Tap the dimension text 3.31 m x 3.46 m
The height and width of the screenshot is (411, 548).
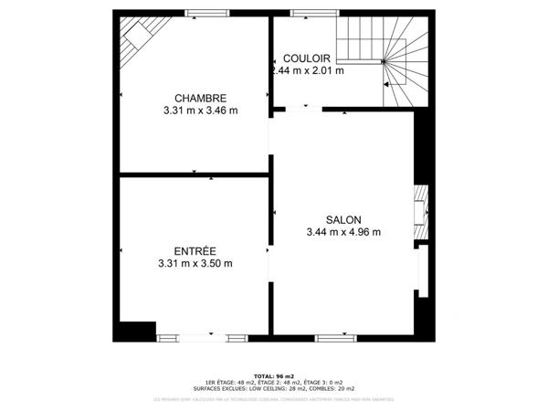(195, 111)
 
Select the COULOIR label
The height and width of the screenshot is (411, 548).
(307, 58)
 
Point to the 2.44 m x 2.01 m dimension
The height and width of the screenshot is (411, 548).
(308, 70)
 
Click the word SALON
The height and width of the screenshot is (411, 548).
(343, 219)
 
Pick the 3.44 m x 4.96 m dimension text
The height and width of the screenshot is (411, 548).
(343, 232)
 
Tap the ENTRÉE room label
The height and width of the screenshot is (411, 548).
(195, 250)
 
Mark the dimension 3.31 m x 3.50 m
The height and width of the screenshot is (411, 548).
(195, 264)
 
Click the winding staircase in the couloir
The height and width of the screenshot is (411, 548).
(384, 59)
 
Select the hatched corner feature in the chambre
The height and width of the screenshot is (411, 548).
(137, 37)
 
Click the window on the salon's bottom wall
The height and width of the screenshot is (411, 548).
(334, 338)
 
